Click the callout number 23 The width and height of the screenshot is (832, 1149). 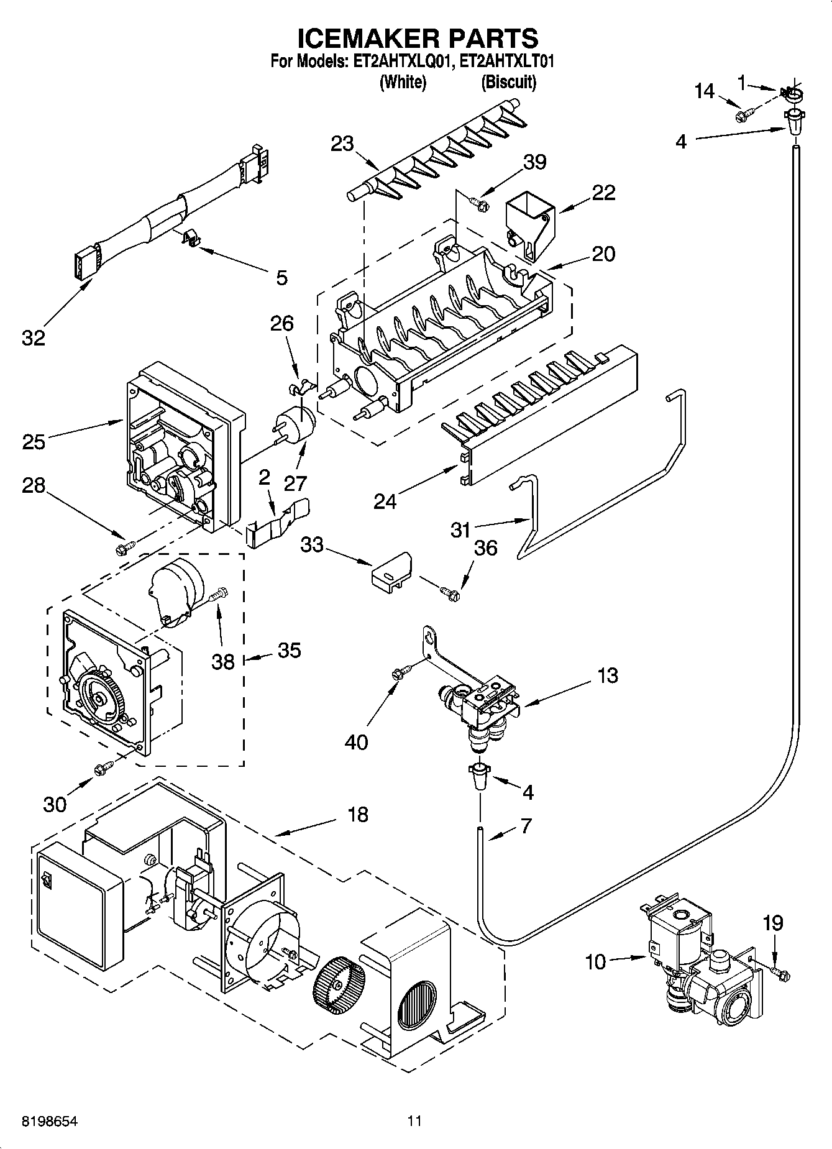coord(342,144)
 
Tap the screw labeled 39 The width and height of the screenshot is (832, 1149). coord(479,202)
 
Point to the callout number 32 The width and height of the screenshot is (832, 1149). coord(34,338)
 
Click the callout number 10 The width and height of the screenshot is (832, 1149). coord(595,963)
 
